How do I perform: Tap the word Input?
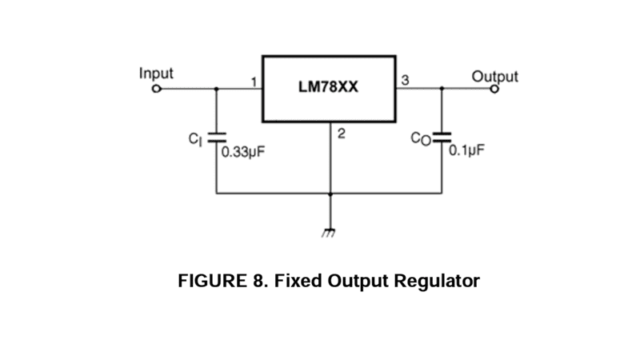(156, 73)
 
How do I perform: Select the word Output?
(494, 77)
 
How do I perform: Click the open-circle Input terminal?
(157, 89)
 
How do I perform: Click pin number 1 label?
(254, 82)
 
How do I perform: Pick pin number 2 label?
(341, 134)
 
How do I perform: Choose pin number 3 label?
(405, 80)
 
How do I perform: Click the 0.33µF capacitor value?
(242, 150)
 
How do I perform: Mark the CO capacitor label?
(419, 138)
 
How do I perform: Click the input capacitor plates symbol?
(216, 138)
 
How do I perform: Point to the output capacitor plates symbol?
(442, 137)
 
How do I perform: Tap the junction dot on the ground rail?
(330, 194)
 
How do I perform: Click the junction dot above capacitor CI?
(216, 89)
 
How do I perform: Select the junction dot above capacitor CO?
(442, 89)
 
